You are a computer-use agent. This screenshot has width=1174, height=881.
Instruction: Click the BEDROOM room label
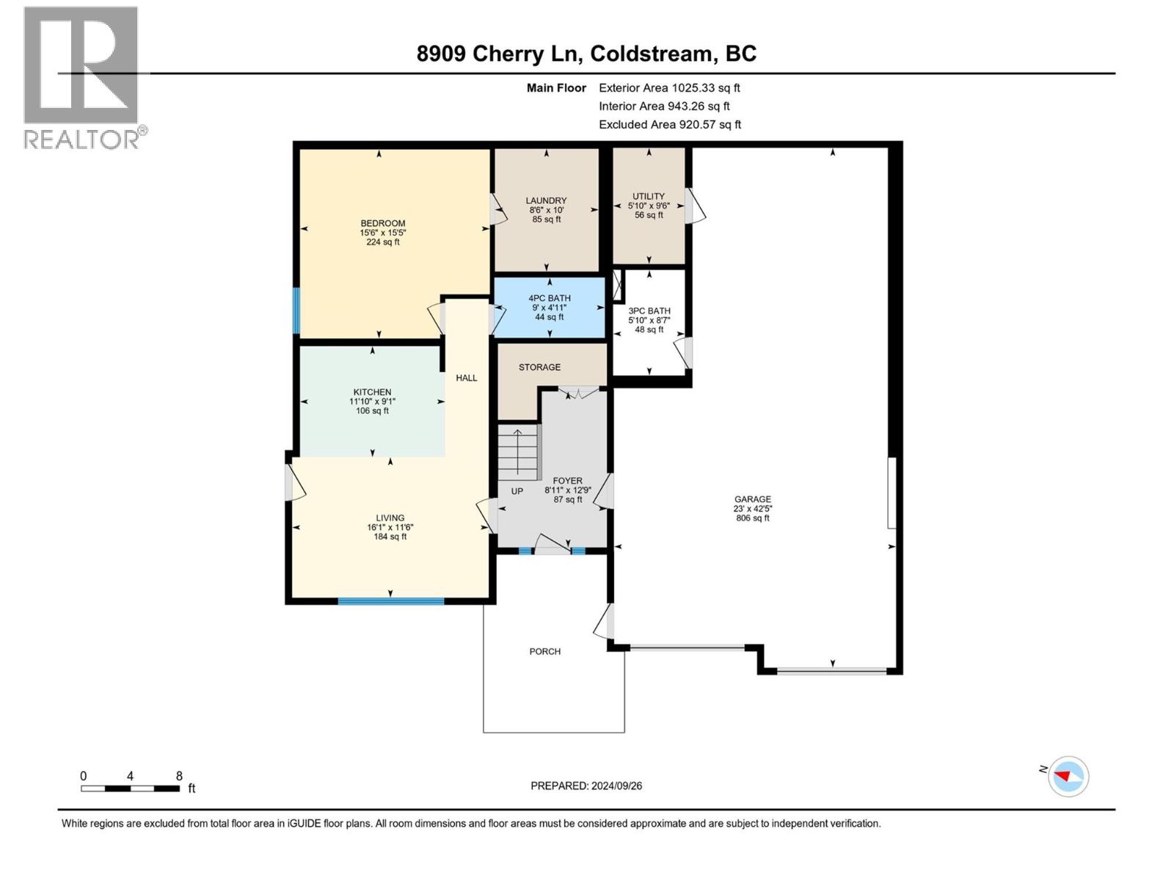(x=382, y=223)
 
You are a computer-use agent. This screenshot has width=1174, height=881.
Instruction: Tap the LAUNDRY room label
(x=546, y=200)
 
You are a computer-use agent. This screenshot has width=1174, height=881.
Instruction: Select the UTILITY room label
(x=649, y=196)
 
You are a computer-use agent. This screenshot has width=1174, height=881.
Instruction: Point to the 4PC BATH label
(x=550, y=298)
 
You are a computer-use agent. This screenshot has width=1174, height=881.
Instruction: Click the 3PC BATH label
(x=649, y=311)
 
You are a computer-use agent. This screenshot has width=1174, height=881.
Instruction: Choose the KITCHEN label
(x=372, y=392)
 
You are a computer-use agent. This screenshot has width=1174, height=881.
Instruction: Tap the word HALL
(x=467, y=378)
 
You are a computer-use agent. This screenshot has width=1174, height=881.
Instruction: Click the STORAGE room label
(x=539, y=367)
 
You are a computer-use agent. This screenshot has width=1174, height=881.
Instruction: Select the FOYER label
(x=567, y=481)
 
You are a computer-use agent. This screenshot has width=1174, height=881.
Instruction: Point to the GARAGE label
(x=753, y=499)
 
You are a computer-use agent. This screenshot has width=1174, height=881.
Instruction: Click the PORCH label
(x=545, y=651)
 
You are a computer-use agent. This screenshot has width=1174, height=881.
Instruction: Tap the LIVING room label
(x=390, y=518)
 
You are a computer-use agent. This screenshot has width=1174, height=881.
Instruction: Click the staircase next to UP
(x=518, y=452)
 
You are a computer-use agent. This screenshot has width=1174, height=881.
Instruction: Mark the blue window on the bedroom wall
(x=296, y=311)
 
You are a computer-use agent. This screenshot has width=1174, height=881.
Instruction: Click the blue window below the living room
(x=390, y=601)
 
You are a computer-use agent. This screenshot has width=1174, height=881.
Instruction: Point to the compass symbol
(x=1068, y=776)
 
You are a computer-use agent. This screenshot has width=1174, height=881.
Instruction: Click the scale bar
(x=130, y=788)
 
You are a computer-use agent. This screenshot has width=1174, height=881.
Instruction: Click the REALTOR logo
(x=81, y=77)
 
